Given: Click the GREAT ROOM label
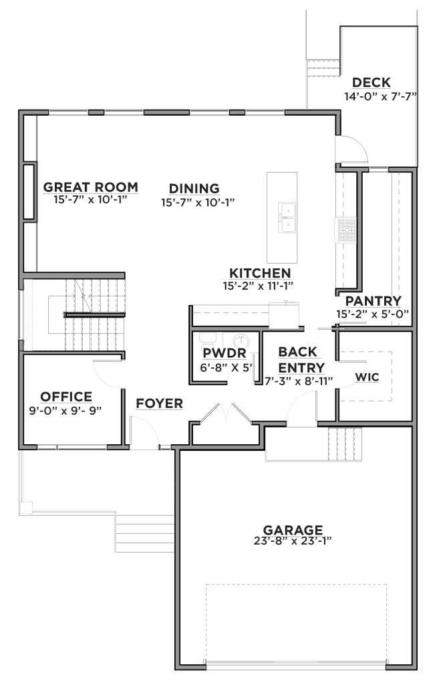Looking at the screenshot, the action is click(x=91, y=187).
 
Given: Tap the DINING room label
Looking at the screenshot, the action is click(x=194, y=189).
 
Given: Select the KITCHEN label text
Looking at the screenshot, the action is click(x=260, y=274).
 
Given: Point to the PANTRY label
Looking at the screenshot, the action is click(x=373, y=301).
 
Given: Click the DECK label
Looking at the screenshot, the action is click(x=372, y=82).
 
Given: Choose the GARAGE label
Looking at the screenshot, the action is click(x=293, y=530).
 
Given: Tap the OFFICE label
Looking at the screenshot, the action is click(x=66, y=397).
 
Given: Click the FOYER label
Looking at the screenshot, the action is click(x=159, y=403).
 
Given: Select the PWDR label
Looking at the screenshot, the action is click(x=225, y=353).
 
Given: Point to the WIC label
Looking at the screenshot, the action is click(x=367, y=377).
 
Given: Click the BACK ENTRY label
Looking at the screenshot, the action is click(x=301, y=359).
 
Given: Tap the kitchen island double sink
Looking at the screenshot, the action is click(x=287, y=217).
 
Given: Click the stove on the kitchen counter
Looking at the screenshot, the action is click(x=347, y=230).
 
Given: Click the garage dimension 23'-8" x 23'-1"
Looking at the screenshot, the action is click(x=293, y=541).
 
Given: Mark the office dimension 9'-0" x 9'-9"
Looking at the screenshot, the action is click(x=65, y=411).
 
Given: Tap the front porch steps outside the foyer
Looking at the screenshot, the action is click(x=145, y=533).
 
